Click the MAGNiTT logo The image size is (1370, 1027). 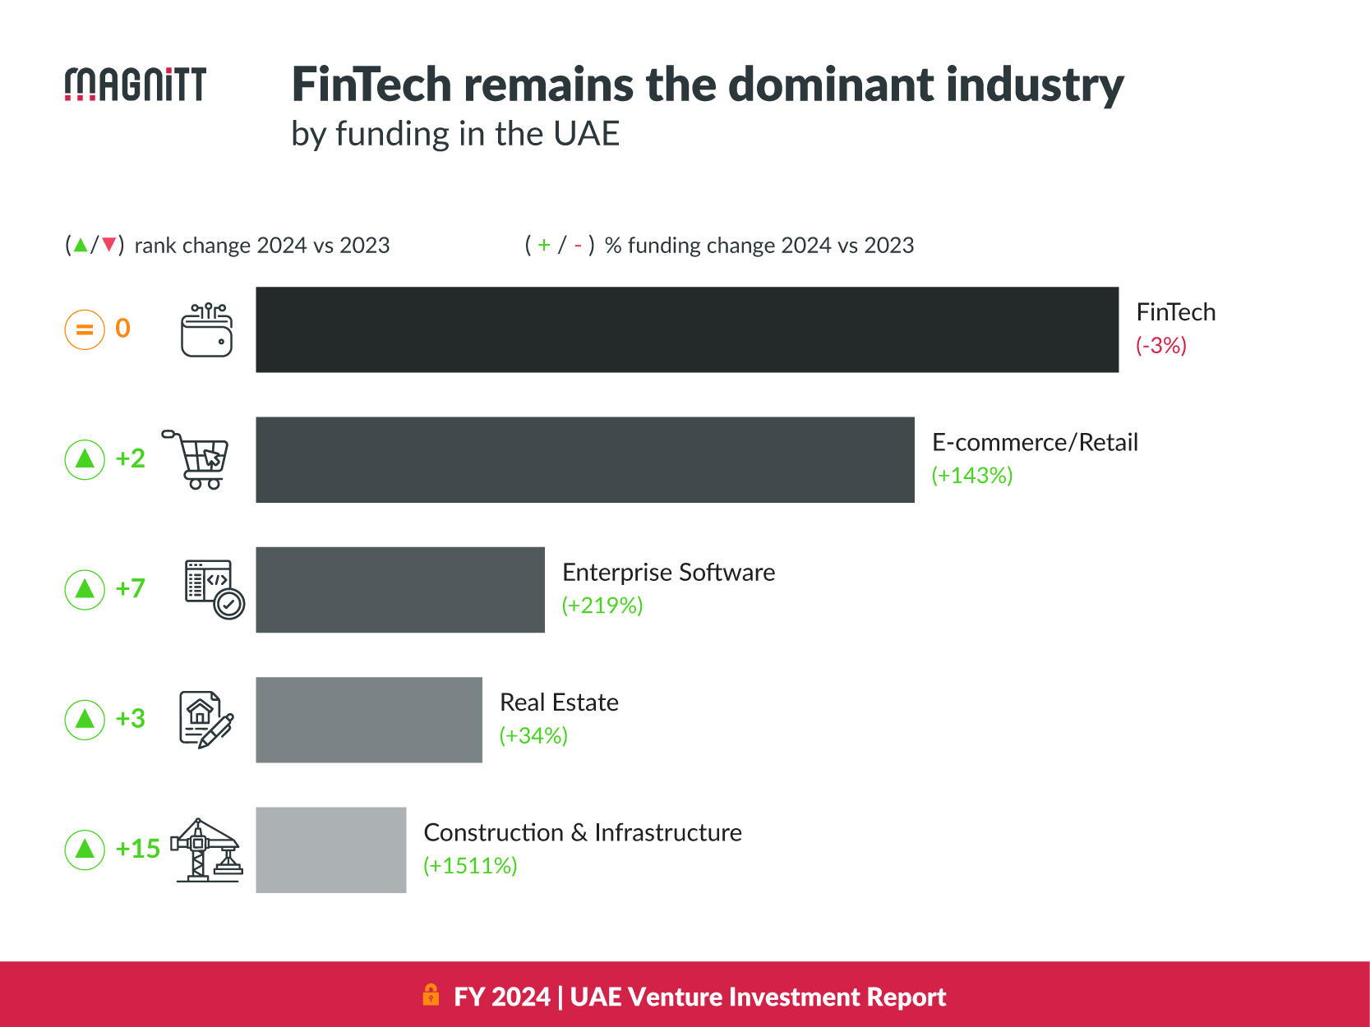[136, 85]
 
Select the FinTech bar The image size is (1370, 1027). [687, 329]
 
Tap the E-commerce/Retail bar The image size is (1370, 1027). [584, 459]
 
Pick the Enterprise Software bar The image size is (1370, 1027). [400, 589]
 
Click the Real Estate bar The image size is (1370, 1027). [369, 720]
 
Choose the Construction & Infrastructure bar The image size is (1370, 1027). [330, 850]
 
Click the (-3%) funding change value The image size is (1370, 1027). [1160, 345]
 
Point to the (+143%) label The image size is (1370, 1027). [971, 475]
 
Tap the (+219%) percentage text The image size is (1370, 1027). [602, 606]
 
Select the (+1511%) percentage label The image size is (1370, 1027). [470, 865]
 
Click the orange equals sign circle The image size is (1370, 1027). [85, 329]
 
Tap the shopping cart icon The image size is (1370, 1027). [197, 459]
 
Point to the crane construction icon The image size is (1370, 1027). [205, 850]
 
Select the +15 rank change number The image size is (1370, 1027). [137, 849]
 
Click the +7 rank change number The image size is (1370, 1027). [130, 588]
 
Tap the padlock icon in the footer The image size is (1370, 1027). [431, 995]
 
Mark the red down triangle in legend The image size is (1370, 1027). [108, 245]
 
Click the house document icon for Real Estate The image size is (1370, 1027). [205, 719]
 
